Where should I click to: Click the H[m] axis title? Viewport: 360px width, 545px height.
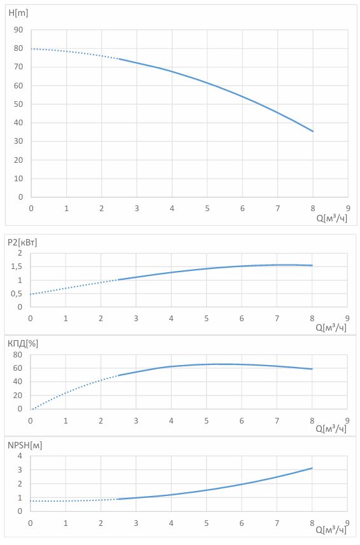[x=18, y=13]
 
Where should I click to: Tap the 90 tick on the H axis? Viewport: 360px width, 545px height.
[x=18, y=30]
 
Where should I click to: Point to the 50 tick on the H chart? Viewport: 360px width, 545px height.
[x=18, y=104]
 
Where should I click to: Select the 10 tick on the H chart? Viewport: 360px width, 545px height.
[x=18, y=179]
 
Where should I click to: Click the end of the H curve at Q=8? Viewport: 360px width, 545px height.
[x=313, y=132]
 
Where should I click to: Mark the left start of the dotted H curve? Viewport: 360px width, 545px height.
[x=32, y=49]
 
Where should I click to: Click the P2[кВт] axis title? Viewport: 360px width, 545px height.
[x=22, y=242]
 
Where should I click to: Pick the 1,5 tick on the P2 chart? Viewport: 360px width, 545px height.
[x=17, y=266]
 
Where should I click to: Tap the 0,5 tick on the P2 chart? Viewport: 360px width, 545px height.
[x=17, y=294]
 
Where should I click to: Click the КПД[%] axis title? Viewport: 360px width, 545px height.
[x=23, y=344]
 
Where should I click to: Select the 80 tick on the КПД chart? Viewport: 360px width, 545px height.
[x=18, y=355]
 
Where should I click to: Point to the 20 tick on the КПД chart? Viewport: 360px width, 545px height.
[x=18, y=396]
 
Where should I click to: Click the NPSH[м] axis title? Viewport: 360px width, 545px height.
[x=25, y=445]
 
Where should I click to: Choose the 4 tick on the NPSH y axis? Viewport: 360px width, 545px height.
[x=20, y=456]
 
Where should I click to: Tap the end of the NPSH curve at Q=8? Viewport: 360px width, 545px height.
[x=312, y=468]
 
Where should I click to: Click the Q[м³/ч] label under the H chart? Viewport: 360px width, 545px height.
[x=332, y=219]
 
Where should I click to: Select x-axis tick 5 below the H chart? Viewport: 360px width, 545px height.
[x=207, y=209]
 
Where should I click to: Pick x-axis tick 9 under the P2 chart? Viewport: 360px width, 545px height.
[x=347, y=319]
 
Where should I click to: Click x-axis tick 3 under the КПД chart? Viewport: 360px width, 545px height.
[x=136, y=421]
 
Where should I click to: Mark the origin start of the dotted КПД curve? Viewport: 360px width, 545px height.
[x=31, y=409]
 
